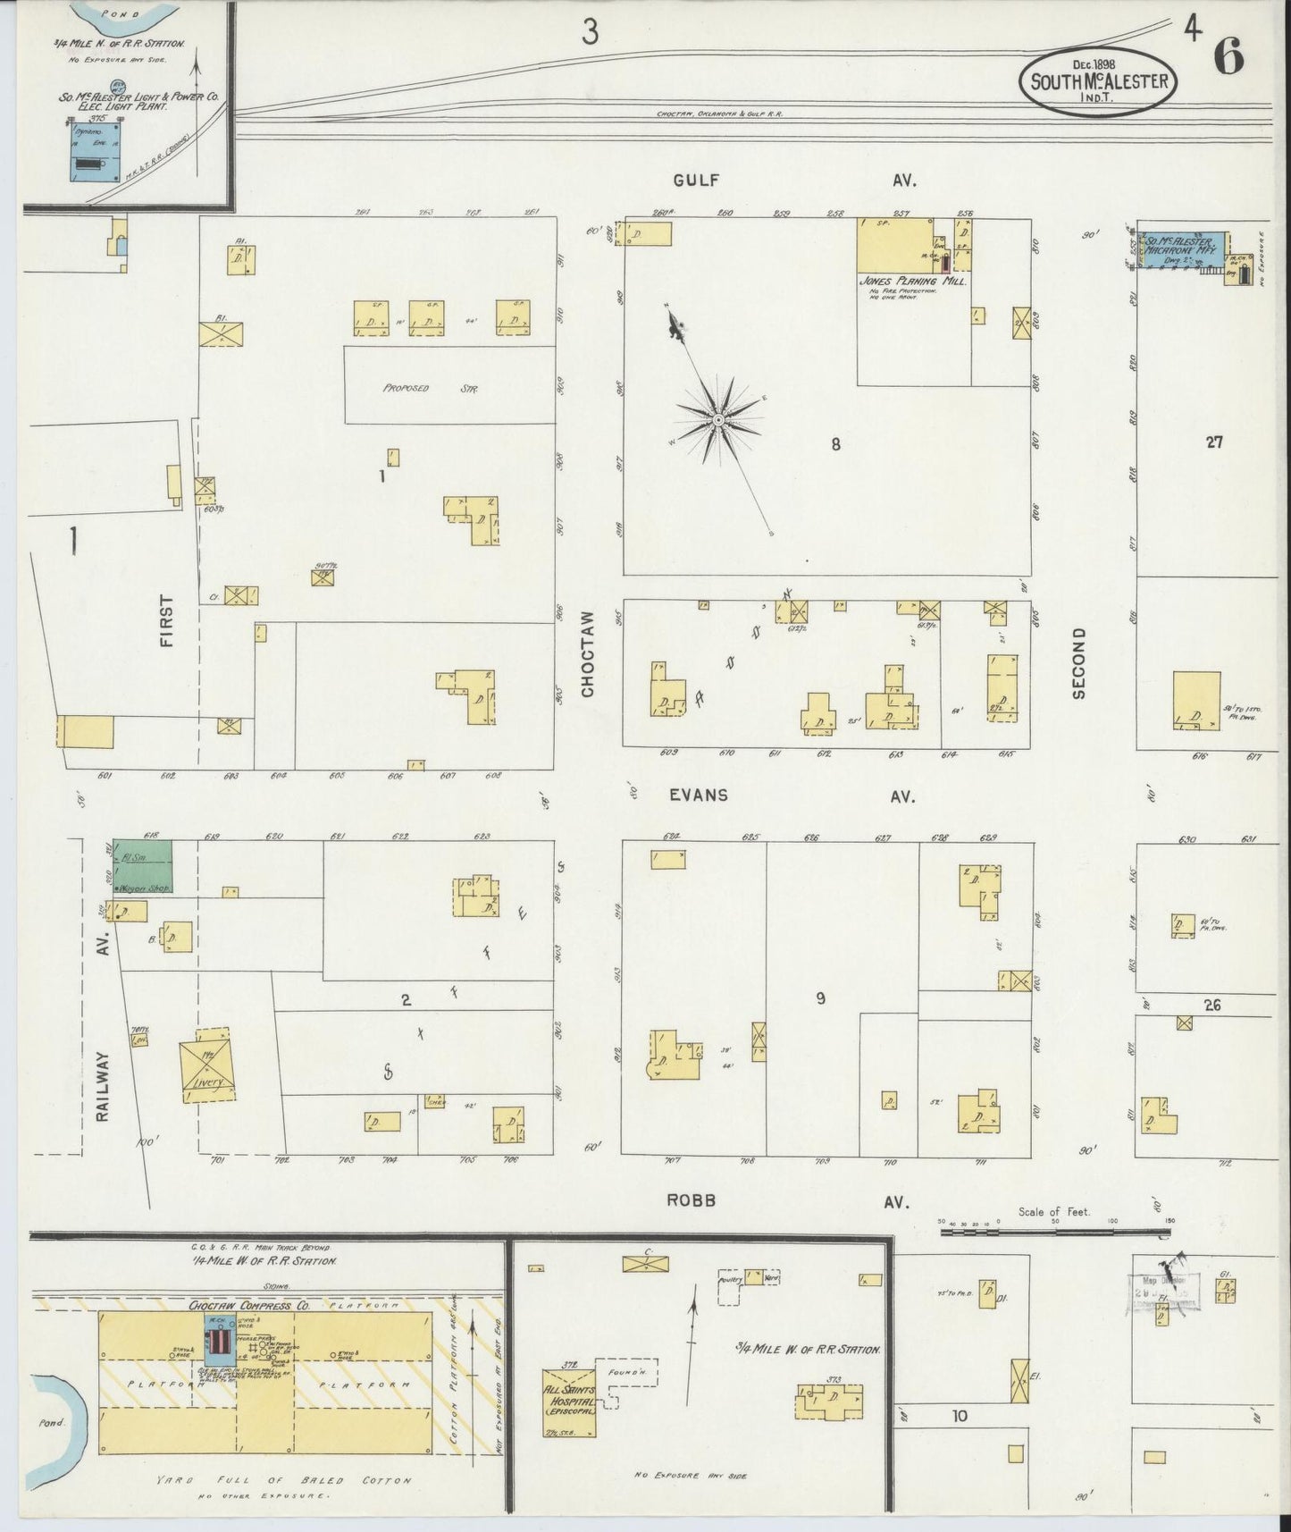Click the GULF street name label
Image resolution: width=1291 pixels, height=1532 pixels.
[696, 180]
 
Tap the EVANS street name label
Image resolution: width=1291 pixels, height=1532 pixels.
[700, 795]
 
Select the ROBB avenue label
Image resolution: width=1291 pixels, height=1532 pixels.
[692, 1200]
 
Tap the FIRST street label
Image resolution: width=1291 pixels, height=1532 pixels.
[167, 620]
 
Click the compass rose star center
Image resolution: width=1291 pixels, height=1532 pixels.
[718, 419]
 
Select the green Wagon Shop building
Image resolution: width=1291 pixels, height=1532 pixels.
[142, 866]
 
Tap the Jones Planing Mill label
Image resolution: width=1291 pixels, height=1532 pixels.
[913, 281]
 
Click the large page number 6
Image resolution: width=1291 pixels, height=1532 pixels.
[1228, 58]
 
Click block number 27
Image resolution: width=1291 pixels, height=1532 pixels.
[1212, 441]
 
